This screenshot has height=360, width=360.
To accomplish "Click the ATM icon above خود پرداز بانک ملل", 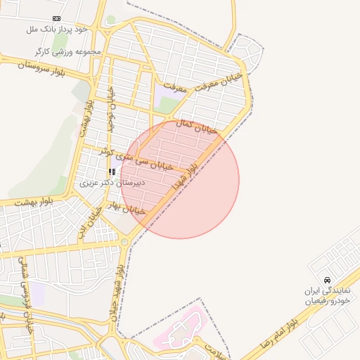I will click(x=56, y=19).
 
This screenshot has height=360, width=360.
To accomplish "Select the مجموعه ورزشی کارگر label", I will click(x=68, y=51).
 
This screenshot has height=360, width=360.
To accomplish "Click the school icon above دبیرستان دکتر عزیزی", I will click(x=112, y=172).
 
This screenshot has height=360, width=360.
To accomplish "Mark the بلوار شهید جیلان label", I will click(x=118, y=292).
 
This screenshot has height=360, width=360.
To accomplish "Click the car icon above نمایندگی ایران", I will click(x=327, y=279).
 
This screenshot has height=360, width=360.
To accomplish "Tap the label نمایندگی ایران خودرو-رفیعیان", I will click(x=326, y=295).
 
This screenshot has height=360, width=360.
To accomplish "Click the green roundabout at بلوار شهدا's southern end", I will click(x=124, y=242).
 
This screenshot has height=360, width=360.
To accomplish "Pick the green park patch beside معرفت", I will click(x=167, y=105).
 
